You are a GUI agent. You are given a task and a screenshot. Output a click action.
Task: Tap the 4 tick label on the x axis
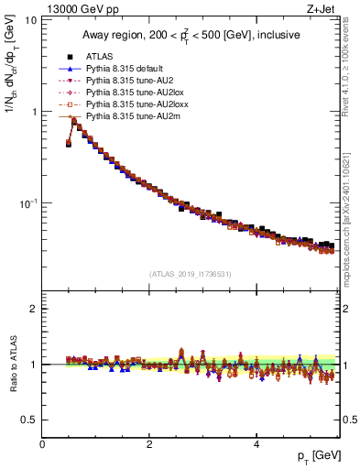pyautogui.click(x=256, y=444)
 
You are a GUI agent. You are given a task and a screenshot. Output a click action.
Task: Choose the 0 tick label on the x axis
pyautogui.click(x=42, y=444)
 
